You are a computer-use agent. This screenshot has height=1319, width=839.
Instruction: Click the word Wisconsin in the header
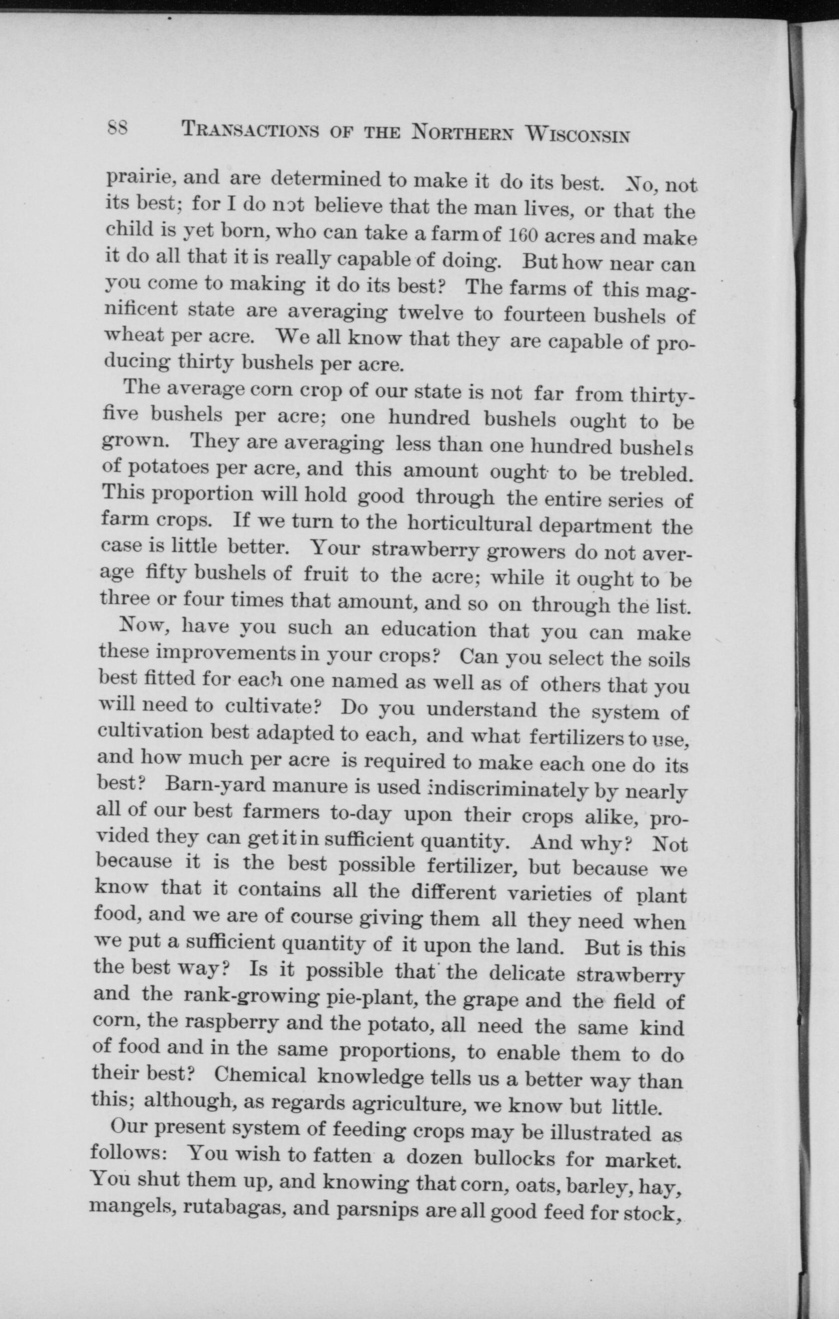(577, 135)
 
